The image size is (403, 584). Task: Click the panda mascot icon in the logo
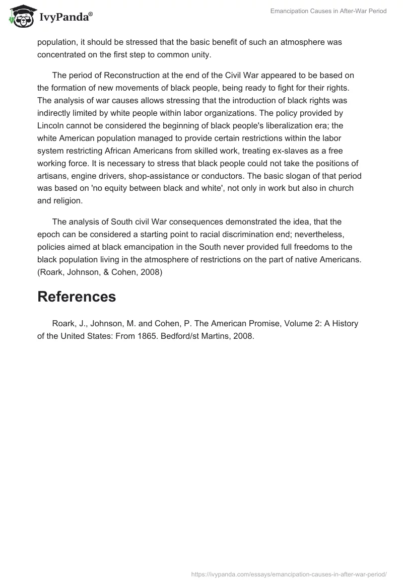[x=20, y=17]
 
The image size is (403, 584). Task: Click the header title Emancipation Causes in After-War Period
[x=328, y=11]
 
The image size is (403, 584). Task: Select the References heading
[x=77, y=297]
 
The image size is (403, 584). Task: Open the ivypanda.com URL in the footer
[x=289, y=573]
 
